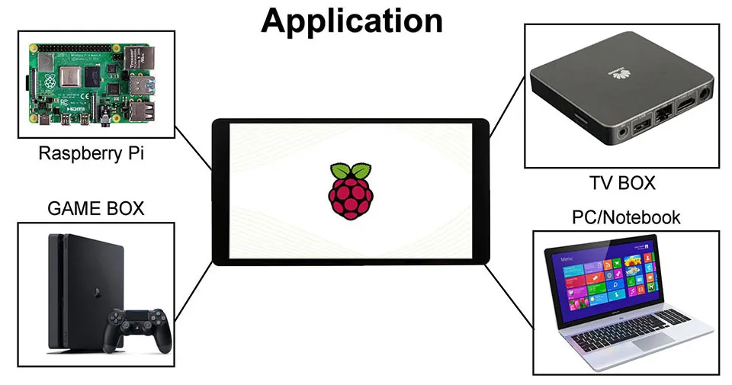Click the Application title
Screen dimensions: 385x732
[x=352, y=21]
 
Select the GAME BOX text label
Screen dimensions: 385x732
[x=95, y=208]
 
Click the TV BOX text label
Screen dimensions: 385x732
[x=621, y=183]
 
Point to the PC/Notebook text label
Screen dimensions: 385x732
[x=625, y=218]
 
